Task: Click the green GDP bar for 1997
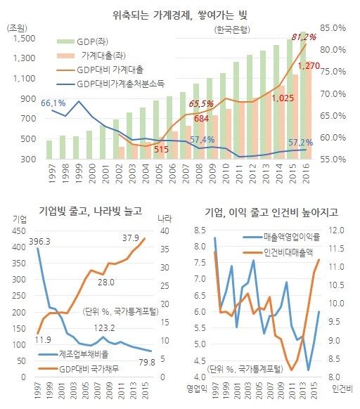[49, 150]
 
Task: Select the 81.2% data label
[304, 37]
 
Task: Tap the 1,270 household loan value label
[309, 66]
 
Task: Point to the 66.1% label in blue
[53, 103]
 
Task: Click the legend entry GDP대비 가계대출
[100, 70]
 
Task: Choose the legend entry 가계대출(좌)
[91, 56]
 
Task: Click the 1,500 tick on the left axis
[24, 39]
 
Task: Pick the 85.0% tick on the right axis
[333, 28]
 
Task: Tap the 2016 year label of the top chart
[306, 174]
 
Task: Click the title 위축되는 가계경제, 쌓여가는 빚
[180, 15]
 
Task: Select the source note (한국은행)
[232, 30]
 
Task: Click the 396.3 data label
[39, 242]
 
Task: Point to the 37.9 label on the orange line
[131, 238]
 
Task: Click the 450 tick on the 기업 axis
[19, 231]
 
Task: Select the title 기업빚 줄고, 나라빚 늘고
[90, 211]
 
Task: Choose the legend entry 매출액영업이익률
[281, 237]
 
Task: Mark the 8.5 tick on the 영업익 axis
[200, 231]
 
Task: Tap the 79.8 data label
[147, 363]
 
